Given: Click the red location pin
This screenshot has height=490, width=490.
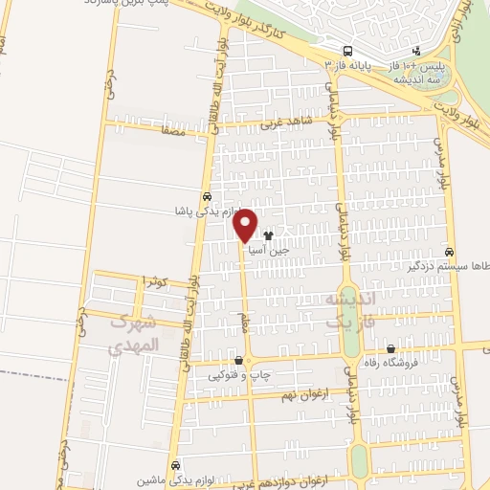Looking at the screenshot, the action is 246,224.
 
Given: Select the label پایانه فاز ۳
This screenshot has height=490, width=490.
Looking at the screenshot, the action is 348,65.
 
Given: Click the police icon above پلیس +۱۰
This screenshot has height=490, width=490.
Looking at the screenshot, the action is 415,51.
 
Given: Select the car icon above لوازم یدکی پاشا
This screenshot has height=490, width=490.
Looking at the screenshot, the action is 208,195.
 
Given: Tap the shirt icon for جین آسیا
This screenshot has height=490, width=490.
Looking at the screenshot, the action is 267,234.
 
